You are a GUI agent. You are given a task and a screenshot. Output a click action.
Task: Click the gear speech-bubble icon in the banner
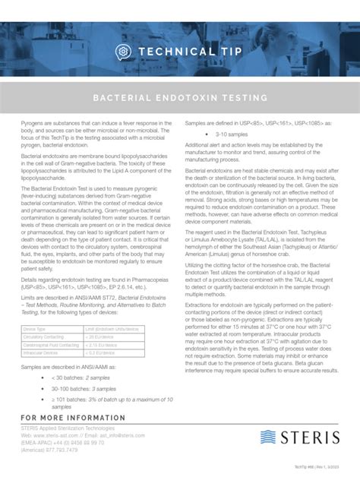click(122, 51)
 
